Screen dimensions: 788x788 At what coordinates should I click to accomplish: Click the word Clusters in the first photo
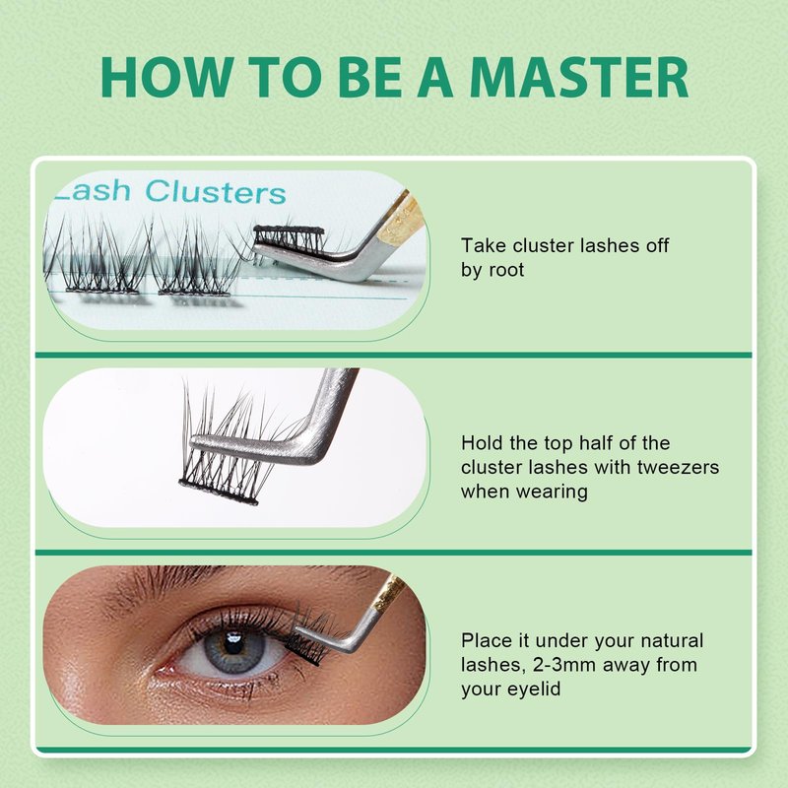pyautogui.click(x=215, y=192)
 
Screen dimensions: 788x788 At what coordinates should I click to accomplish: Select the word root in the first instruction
pyautogui.click(x=506, y=270)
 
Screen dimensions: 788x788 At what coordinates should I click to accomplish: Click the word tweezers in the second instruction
pyautogui.click(x=678, y=467)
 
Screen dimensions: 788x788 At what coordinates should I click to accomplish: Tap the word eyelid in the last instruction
pyautogui.click(x=534, y=689)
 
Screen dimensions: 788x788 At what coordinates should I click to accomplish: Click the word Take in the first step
pyautogui.click(x=484, y=245)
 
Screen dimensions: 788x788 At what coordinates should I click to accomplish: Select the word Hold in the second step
pyautogui.click(x=482, y=442)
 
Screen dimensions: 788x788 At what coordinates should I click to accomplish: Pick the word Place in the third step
pyautogui.click(x=487, y=640)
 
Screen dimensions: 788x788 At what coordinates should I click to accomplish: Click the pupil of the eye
pyautogui.click(x=233, y=644)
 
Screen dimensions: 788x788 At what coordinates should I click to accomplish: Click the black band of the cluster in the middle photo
pyautogui.click(x=219, y=492)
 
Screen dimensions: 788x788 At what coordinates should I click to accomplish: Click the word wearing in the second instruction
pyautogui.click(x=524, y=492)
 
